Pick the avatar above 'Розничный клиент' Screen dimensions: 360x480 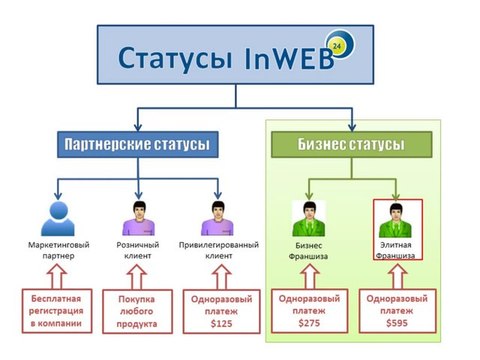[x=139, y=216]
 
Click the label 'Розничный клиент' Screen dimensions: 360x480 [x=139, y=250]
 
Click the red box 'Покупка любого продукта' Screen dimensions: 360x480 [x=139, y=312]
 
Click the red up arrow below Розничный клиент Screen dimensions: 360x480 [x=139, y=274]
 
